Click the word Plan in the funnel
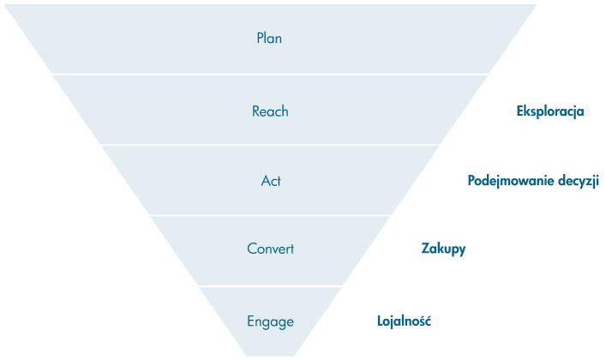269,39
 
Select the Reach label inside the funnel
270,111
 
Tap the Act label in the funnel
271,181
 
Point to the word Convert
270,249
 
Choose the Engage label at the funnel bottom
270,322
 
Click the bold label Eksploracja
550,111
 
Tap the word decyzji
577,181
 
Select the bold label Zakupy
443,249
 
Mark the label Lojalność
404,321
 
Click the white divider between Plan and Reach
269,74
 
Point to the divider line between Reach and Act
269,144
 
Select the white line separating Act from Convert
269,215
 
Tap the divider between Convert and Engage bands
269,286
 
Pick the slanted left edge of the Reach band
77,110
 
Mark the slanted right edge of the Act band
415,180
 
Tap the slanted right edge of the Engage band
317,321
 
